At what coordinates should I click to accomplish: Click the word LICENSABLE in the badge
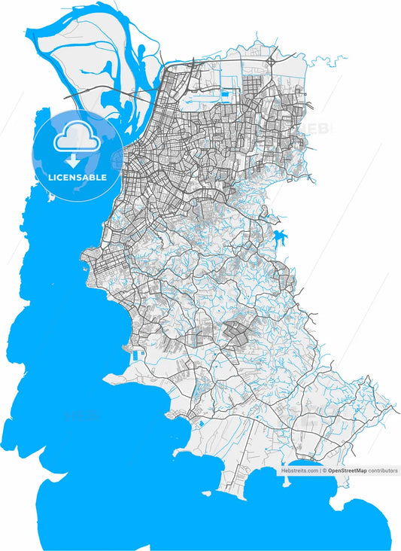[x=77, y=178]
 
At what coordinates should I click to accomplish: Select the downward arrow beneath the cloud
[x=73, y=160]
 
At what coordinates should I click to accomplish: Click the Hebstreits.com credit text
[x=300, y=470]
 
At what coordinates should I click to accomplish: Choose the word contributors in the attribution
[x=383, y=470]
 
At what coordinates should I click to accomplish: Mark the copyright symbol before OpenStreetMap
[x=324, y=470]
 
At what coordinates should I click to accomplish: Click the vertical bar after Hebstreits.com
[x=320, y=470]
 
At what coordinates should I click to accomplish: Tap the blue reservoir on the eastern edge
[x=281, y=240]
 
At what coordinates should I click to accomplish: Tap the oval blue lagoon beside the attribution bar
[x=302, y=464]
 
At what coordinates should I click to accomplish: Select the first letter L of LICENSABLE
[x=50, y=178]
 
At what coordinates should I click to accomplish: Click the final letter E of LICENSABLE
[x=104, y=178]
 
